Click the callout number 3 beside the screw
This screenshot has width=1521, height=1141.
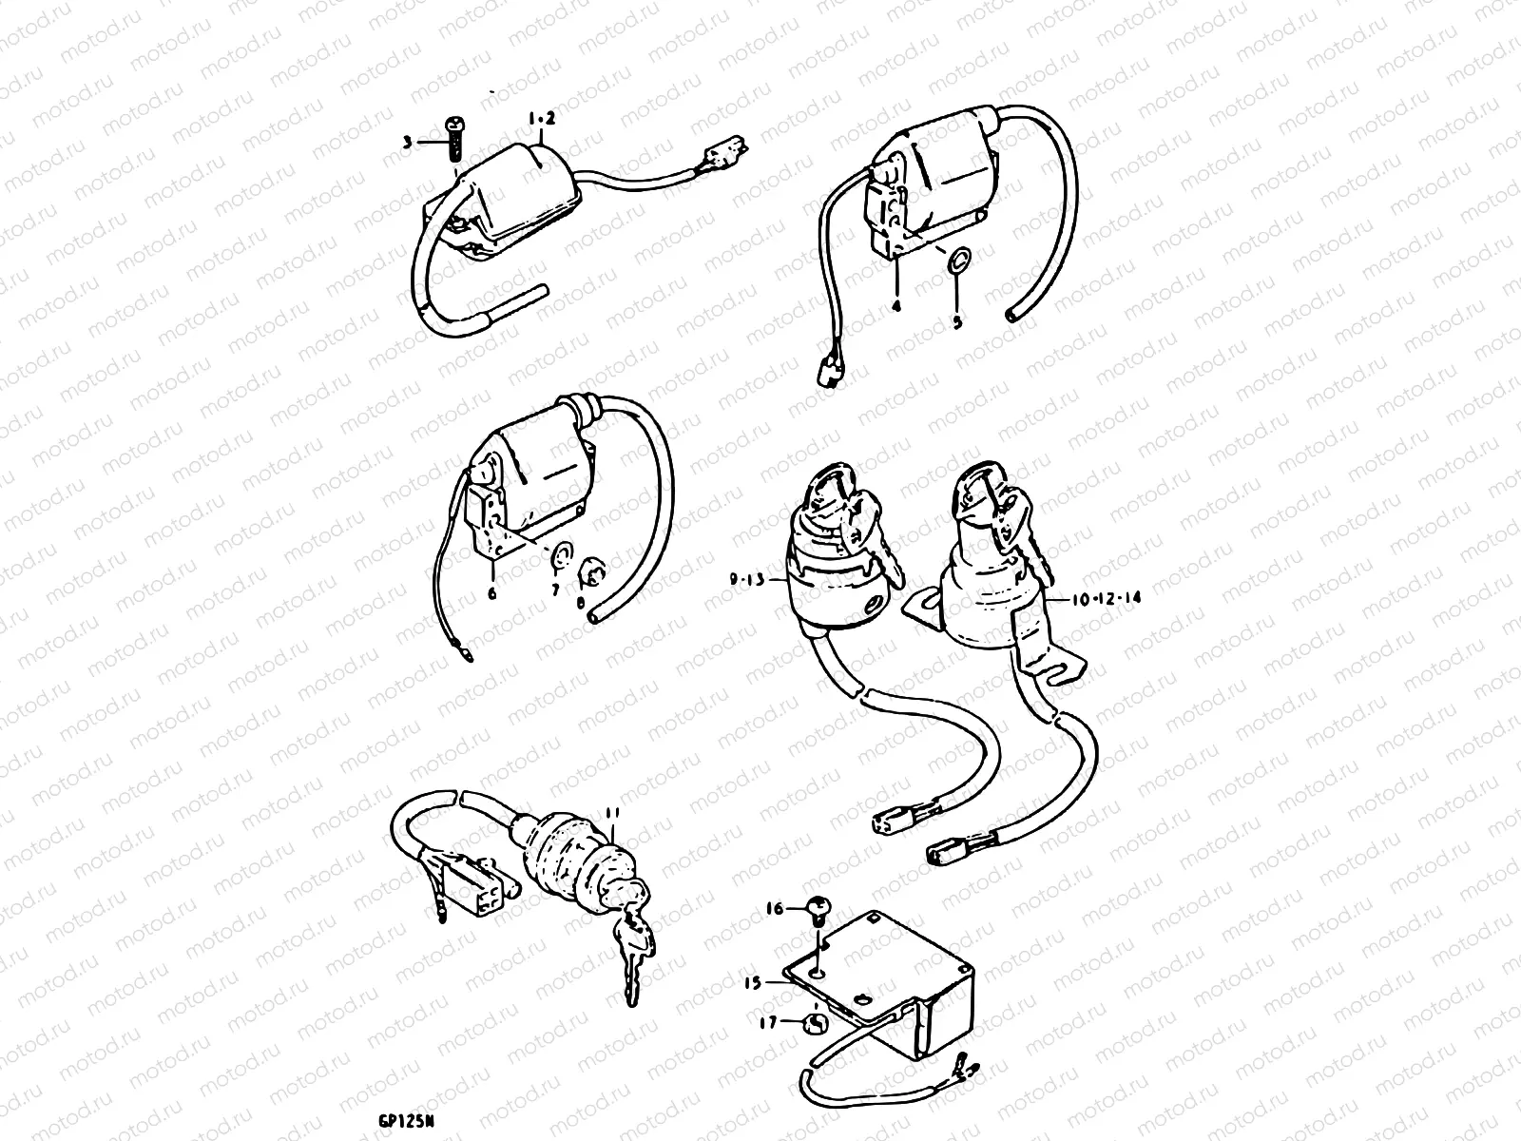click(x=407, y=143)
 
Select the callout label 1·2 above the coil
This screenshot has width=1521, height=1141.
click(x=541, y=119)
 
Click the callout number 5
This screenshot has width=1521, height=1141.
click(x=957, y=321)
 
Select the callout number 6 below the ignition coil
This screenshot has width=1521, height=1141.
click(x=491, y=593)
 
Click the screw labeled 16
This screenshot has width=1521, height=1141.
click(x=816, y=909)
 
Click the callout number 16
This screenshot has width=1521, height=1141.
click(x=774, y=909)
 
